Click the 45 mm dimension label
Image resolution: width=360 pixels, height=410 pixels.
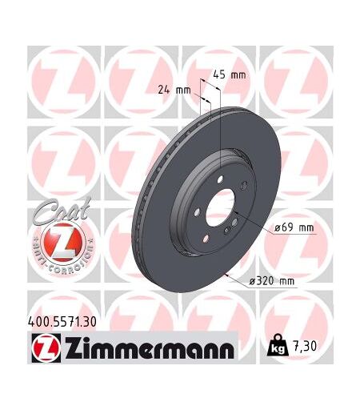(x=230, y=75)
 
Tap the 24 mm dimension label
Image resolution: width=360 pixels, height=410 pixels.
(x=174, y=90)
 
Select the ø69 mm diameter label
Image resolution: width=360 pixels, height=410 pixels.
(x=294, y=227)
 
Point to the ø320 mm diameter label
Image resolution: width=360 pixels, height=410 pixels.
(x=271, y=280)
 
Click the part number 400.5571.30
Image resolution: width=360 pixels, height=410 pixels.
(x=62, y=322)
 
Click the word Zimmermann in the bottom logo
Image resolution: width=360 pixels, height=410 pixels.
(x=149, y=349)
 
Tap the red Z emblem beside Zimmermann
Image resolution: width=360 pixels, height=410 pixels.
(x=46, y=348)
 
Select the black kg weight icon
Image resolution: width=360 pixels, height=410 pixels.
(x=278, y=346)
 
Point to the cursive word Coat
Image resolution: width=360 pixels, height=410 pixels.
(x=62, y=211)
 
